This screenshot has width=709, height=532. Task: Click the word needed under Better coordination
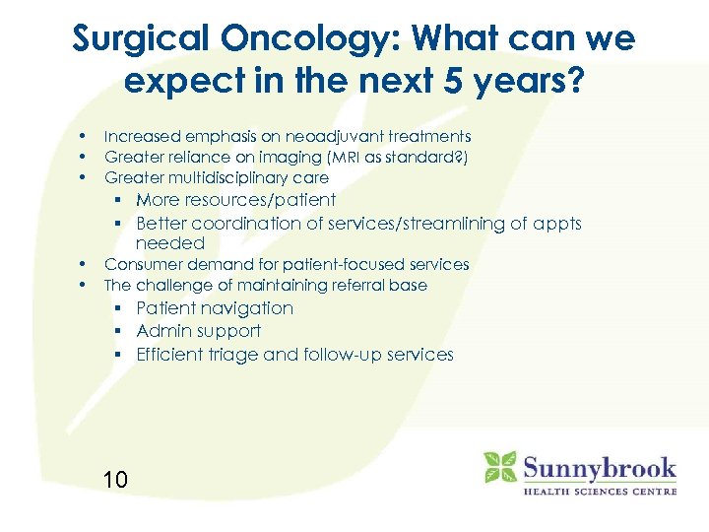(x=170, y=243)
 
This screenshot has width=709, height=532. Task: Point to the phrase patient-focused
(x=333, y=265)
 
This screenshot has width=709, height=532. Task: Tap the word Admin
(x=161, y=331)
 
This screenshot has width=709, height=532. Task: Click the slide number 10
(x=115, y=480)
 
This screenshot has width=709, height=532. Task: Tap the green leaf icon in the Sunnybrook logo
(x=499, y=467)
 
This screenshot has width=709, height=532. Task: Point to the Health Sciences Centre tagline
(x=599, y=491)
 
